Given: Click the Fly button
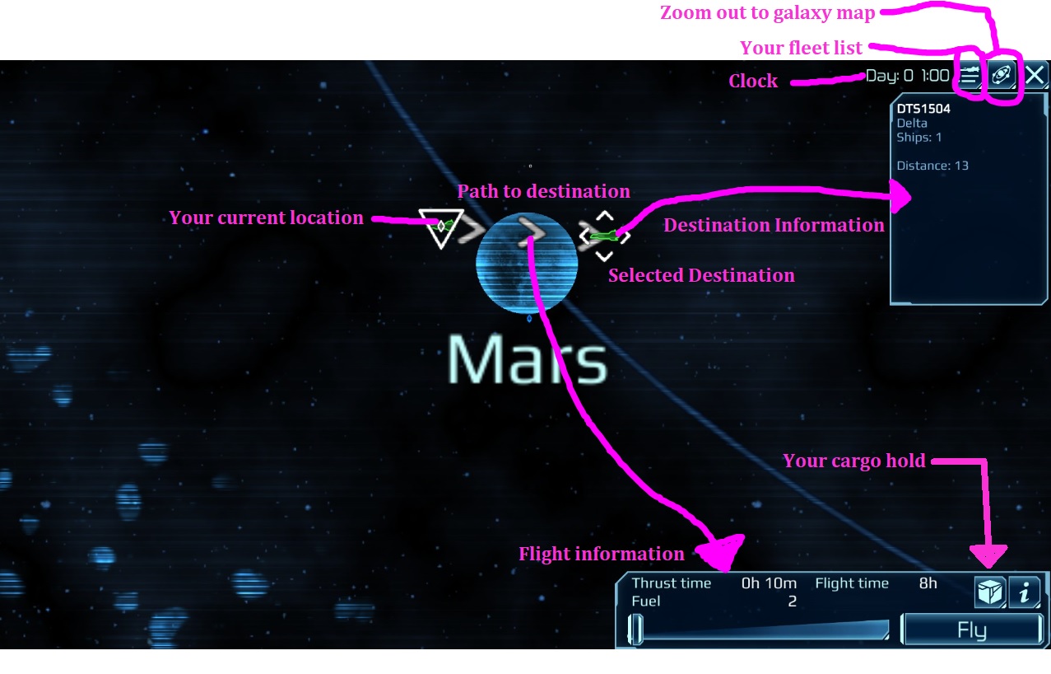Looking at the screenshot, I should tap(972, 631).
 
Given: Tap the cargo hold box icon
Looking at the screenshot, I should tap(990, 592).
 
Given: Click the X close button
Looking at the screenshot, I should tap(1035, 76).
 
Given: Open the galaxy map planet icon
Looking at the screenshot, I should tap(1002, 76).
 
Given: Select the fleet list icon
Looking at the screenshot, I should tap(971, 76).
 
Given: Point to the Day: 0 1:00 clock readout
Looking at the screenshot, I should tap(906, 76).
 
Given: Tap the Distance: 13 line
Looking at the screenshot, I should tap(932, 166).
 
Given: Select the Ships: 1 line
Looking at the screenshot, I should tap(918, 137).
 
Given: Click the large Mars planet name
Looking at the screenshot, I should tap(527, 362).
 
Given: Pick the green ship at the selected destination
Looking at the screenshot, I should tap(604, 236).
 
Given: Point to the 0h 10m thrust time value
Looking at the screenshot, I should tap(769, 583).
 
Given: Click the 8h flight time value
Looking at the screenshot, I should tap(928, 583).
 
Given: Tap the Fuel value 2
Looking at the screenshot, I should tap(792, 601).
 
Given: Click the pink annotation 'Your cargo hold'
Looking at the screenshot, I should tap(854, 461).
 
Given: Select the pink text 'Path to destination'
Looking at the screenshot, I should tap(543, 191).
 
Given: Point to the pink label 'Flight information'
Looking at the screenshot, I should tap(601, 554).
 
